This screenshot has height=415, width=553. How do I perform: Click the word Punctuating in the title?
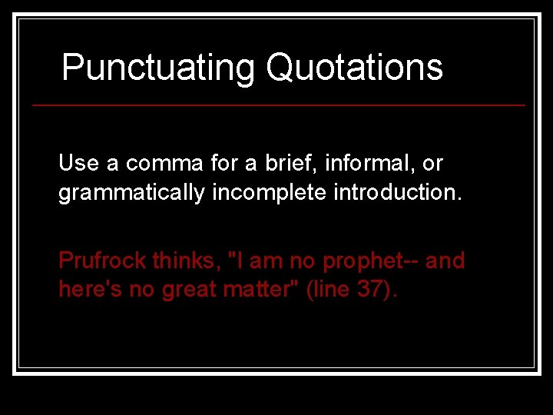click(158, 68)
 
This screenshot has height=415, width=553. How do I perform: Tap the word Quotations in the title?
click(354, 68)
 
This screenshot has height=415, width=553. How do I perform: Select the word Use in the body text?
click(78, 163)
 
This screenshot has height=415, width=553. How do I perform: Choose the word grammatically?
click(131, 192)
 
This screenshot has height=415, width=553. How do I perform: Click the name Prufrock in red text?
click(102, 261)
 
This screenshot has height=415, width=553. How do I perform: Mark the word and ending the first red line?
click(445, 261)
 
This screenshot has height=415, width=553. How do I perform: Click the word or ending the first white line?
click(433, 164)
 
